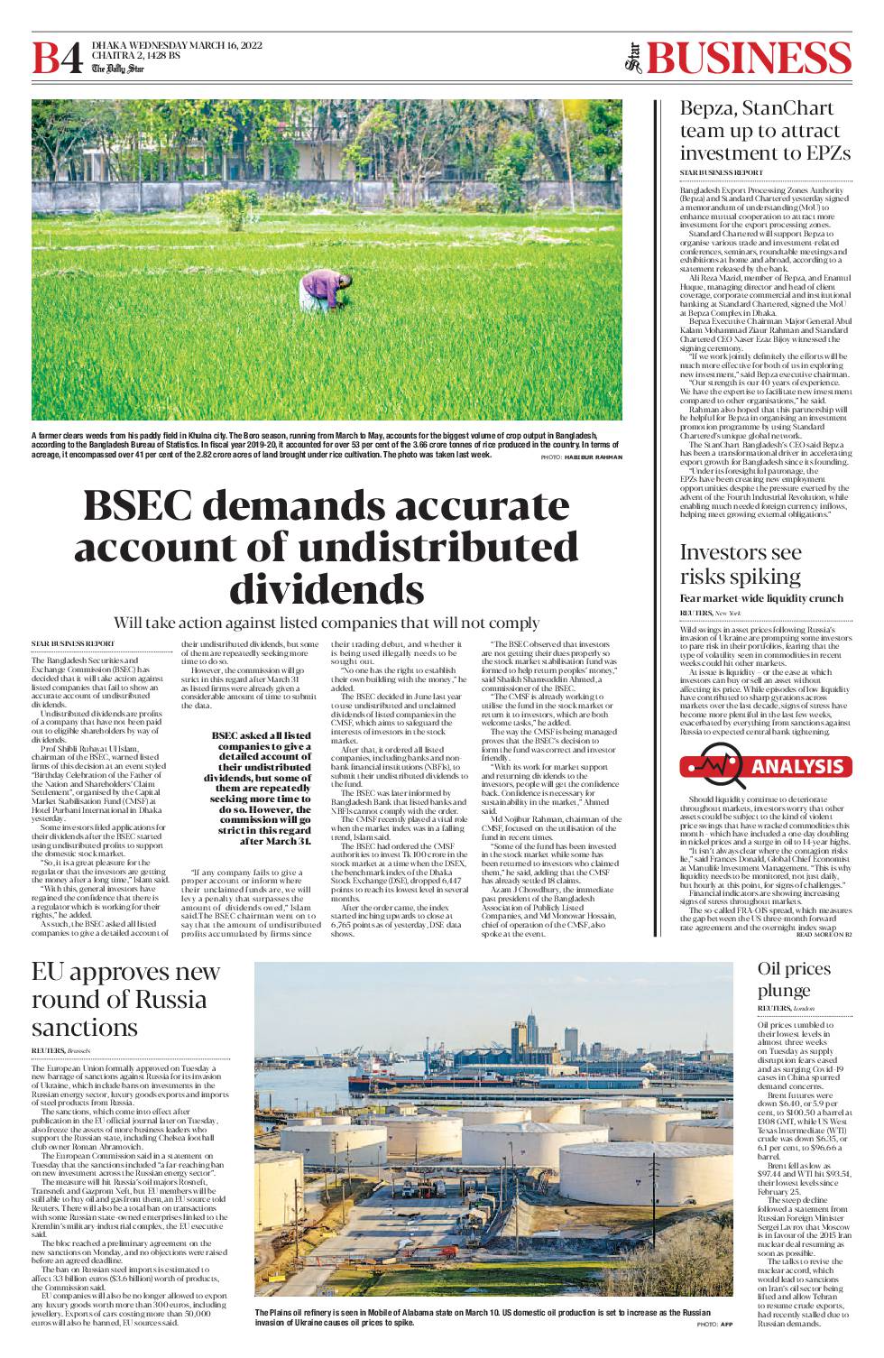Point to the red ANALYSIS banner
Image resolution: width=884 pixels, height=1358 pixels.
point(767,766)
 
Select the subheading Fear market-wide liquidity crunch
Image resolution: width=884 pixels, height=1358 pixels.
point(761,598)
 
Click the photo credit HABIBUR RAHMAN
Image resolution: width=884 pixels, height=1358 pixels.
point(594,457)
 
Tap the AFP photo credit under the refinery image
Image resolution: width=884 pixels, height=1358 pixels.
point(726,1324)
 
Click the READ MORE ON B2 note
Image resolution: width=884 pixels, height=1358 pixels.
point(825,934)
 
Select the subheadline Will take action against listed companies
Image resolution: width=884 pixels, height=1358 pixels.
point(327,623)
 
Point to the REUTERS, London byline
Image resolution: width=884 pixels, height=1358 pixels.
point(786,1008)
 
